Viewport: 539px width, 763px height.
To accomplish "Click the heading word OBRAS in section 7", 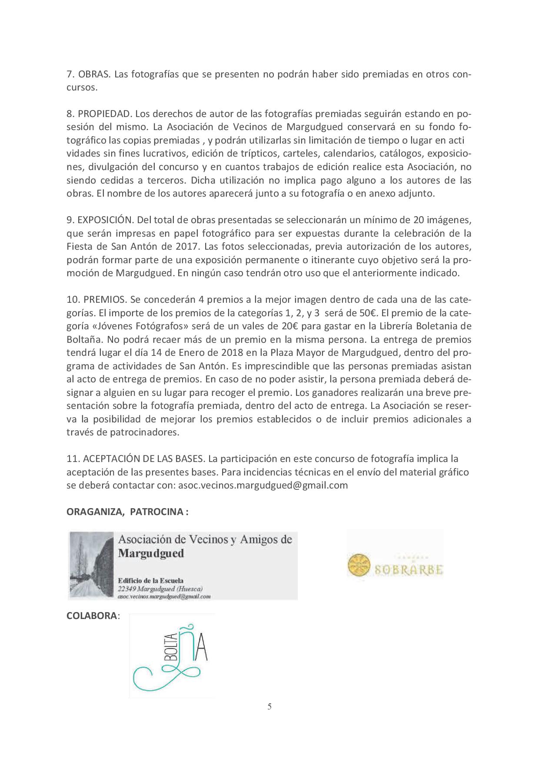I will pos(95,74).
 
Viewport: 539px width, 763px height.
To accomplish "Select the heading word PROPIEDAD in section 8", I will pos(104,114).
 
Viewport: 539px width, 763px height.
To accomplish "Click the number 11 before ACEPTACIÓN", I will pos(72,458).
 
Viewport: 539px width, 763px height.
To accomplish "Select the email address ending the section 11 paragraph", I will pos(263,485).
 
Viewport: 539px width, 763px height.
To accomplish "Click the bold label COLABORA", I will pos(91,616).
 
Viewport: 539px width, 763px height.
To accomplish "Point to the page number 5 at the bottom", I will pos(269,706).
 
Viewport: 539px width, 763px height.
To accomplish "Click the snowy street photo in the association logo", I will pos(92,566).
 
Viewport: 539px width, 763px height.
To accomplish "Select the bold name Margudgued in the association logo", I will pos(151,553).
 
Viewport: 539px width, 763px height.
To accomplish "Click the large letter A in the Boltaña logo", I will pos(200,651).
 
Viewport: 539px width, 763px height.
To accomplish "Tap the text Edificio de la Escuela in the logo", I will pos(150,580).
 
